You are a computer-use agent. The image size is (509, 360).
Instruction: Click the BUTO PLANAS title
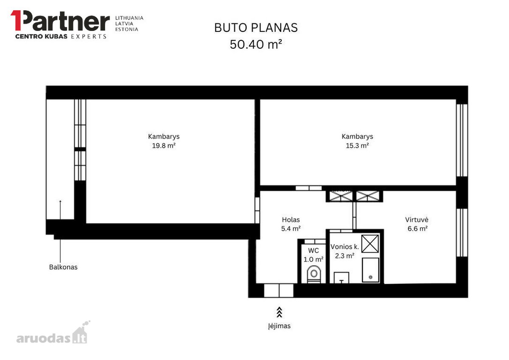[256, 28]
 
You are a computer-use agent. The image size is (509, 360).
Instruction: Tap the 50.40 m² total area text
[256, 44]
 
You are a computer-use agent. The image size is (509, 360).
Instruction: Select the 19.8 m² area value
[164, 145]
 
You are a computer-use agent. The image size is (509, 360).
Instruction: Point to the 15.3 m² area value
[357, 145]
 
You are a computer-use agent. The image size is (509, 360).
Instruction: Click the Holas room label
[291, 220]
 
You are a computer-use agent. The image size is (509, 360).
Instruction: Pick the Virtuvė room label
[417, 220]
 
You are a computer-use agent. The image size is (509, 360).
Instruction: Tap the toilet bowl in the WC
[314, 274]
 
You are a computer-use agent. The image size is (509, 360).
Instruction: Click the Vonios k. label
[345, 247]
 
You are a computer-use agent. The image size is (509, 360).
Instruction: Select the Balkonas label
[63, 267]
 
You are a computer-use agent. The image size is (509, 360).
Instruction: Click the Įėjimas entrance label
[279, 326]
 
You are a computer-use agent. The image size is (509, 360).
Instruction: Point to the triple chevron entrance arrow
[279, 313]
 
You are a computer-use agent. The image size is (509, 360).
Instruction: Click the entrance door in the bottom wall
[279, 290]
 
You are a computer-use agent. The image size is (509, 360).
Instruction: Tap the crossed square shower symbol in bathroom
[370, 244]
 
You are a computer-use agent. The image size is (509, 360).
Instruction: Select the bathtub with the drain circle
[370, 270]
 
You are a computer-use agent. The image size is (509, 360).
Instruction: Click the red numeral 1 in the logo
[16, 20]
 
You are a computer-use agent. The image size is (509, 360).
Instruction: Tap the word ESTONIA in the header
[127, 29]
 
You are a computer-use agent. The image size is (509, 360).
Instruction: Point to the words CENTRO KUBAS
[41, 36]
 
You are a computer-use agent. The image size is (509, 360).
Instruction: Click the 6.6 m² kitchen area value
[417, 229]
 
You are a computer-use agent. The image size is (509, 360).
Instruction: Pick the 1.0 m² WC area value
[313, 260]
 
